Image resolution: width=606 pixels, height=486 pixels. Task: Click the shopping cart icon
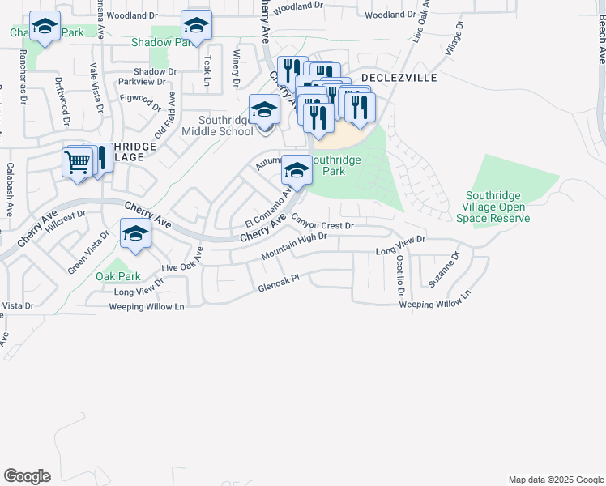77,161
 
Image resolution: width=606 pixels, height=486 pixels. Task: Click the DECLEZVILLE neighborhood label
399,78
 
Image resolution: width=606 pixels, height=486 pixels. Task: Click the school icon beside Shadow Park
196,26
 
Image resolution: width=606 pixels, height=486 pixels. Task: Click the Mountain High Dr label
293,247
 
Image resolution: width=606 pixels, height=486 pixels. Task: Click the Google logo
27,476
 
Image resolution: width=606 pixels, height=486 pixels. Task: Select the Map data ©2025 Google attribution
555,480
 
